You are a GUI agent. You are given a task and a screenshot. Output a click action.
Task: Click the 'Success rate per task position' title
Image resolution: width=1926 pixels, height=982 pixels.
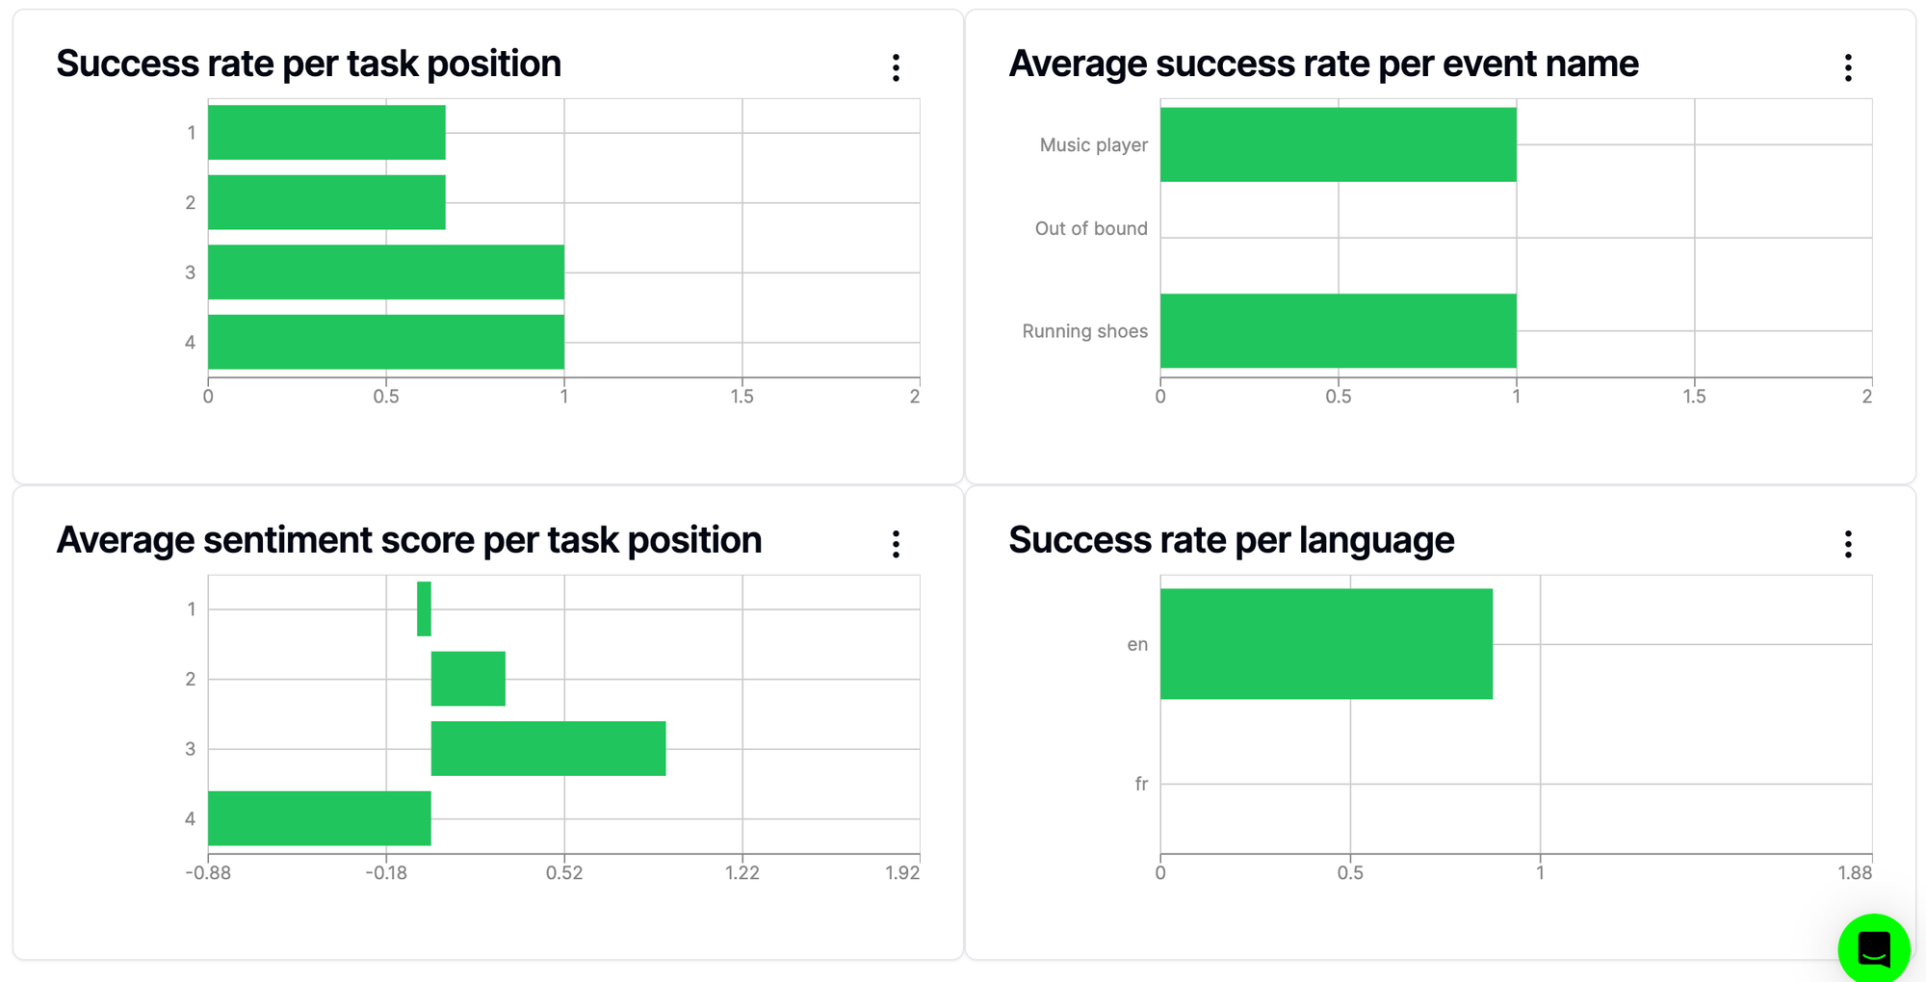point(308,65)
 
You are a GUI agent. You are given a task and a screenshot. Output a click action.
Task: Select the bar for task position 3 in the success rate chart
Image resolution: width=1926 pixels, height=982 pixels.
point(385,272)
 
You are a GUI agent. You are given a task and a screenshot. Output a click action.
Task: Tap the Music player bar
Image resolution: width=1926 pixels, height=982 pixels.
point(1338,144)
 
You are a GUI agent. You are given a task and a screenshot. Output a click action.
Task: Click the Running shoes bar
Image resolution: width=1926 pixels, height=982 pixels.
point(1338,330)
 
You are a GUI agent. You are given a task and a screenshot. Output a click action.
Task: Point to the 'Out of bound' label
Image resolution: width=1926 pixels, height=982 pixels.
point(1091,228)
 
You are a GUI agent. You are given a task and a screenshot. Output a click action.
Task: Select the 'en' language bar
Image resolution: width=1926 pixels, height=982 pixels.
point(1326,644)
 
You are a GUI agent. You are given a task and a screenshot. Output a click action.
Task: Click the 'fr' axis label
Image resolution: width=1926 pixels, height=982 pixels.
point(1141,784)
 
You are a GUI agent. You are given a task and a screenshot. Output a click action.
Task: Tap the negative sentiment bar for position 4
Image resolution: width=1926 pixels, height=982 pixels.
point(320,818)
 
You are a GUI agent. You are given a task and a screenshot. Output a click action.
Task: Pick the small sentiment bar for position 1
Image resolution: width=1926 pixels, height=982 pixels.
point(424,608)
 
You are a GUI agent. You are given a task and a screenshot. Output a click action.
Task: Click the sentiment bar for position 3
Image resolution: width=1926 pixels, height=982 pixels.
point(548,748)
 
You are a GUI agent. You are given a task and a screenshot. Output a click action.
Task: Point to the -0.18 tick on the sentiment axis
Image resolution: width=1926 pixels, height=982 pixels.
point(386,873)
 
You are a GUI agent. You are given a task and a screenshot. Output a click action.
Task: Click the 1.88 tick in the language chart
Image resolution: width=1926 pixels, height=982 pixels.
point(1854,873)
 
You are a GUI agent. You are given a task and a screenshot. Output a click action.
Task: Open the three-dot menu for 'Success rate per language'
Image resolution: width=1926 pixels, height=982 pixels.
point(1848,544)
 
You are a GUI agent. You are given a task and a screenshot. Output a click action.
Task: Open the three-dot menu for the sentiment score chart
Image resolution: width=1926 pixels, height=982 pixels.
point(896,544)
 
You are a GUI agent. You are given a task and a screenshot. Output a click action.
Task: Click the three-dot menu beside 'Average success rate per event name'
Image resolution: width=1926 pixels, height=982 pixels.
point(1848,67)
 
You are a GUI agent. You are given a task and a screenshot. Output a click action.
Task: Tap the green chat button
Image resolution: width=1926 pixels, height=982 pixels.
point(1873,949)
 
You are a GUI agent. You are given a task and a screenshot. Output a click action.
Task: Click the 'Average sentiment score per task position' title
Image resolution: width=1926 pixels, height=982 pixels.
point(409,541)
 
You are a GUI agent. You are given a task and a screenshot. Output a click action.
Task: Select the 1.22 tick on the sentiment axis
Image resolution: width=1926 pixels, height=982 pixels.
point(742,873)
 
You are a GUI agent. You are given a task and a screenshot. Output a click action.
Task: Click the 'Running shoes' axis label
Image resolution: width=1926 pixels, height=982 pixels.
point(1084,331)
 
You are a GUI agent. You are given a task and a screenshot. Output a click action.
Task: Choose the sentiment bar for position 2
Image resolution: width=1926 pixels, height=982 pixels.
point(468,679)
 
